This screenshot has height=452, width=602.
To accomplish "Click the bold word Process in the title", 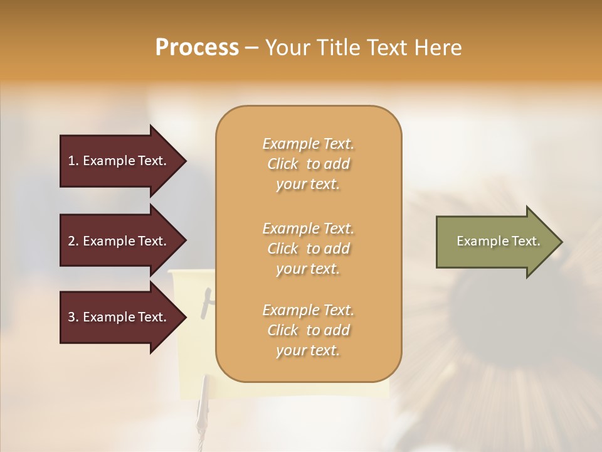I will (197, 48).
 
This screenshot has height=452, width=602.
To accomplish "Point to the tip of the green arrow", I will (561, 242).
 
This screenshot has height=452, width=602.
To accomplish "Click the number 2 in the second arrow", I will (71, 241).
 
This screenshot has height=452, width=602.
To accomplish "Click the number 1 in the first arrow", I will (71, 161).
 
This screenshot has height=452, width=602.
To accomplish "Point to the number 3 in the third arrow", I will (71, 317).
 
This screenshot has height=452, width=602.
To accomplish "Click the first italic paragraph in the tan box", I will (308, 164).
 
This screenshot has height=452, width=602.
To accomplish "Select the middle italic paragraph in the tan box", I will (308, 249).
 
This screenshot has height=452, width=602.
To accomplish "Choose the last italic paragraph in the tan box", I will (308, 330).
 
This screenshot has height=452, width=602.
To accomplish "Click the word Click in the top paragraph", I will (283, 164).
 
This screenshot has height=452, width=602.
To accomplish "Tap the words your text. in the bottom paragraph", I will (308, 351).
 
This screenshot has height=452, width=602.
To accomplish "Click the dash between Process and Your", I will (252, 48).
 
